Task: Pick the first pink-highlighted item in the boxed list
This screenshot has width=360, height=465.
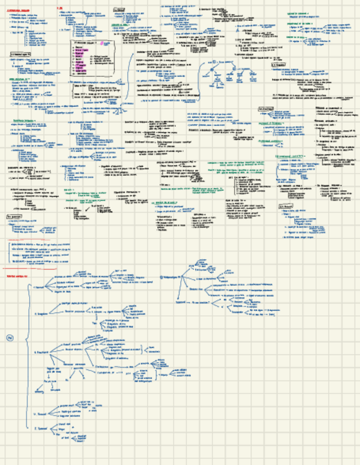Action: (x=83, y=50)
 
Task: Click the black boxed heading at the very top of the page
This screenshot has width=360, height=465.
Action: (x=119, y=10)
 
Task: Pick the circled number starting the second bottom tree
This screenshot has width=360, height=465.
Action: (x=161, y=277)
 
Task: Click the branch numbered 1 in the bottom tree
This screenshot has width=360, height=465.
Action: (x=38, y=286)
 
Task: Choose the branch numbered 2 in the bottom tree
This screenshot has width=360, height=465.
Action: (x=40, y=315)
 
